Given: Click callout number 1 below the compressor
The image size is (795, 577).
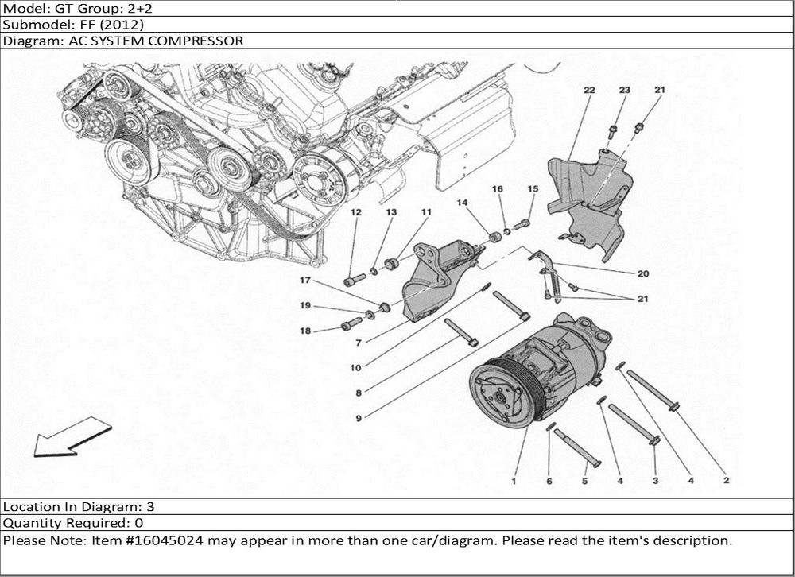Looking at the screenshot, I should point(514,480).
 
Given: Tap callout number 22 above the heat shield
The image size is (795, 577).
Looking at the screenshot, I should point(589,91).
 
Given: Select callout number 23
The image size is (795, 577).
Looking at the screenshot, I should point(624,91).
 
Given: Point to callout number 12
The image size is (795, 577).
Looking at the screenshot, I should point(355,212).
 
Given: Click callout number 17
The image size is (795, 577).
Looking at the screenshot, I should point(304,281).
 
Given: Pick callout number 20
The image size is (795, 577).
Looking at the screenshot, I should point(642,274).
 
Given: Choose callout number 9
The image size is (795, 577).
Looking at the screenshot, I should point(359,418).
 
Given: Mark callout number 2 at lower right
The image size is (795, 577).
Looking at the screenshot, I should point(725,480).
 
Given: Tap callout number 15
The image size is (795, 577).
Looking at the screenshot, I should point(533,188).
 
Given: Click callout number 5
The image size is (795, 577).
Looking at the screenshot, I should point(584,480).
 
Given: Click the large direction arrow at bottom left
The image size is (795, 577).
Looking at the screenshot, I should point(72,440).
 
